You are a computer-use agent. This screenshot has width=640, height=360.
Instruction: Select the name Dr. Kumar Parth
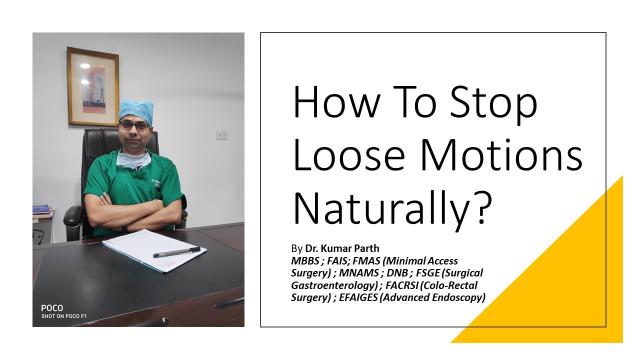tap(348, 248)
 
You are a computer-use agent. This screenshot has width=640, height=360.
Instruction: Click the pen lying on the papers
tap(176, 252)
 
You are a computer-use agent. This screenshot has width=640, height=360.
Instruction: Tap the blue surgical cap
tap(136, 111)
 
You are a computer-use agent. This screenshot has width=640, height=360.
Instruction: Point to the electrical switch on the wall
tap(221, 135)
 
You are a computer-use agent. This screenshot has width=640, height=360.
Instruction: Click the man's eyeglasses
tap(134, 126)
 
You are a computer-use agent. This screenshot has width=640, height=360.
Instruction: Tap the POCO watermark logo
tap(52, 308)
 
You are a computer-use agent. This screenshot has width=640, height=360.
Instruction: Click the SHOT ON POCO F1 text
tap(63, 316)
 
